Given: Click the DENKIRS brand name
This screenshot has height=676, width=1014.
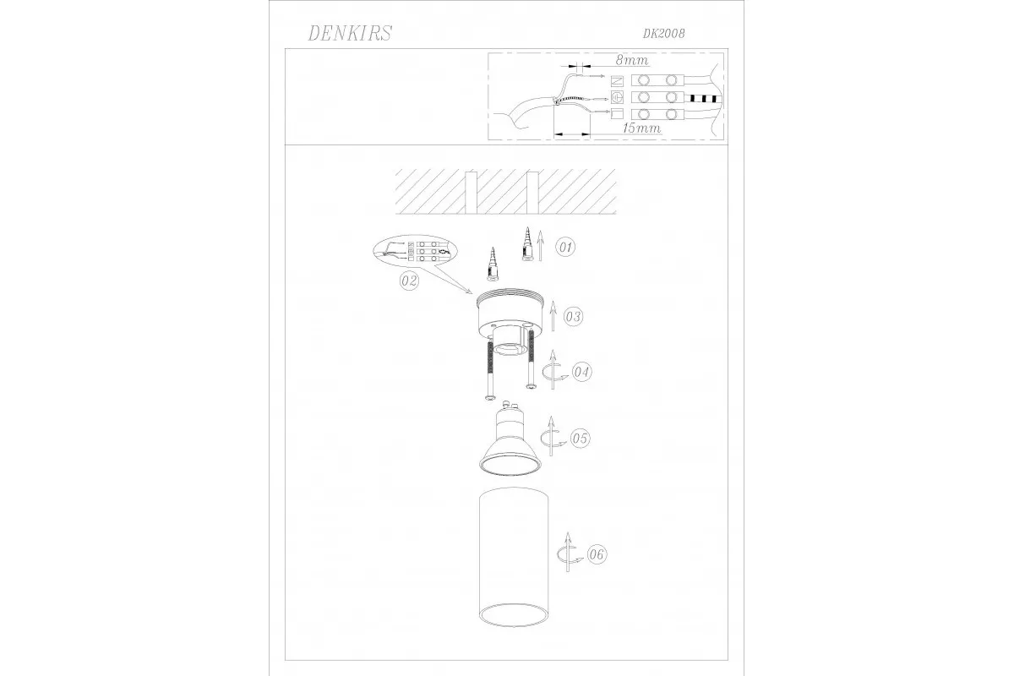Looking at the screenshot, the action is coord(350,33).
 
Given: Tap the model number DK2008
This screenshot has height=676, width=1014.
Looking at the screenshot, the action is coord(663,34).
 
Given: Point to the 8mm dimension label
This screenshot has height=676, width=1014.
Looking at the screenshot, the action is coord(632,60).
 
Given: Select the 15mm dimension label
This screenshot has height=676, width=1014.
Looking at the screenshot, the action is coord(642,128).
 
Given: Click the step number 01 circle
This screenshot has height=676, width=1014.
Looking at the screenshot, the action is coord(565,248).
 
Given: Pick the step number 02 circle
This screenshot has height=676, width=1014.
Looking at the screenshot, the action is coord(409,281).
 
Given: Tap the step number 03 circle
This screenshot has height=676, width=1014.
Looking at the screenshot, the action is coord(574,317).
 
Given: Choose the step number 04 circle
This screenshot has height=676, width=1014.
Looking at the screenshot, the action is coord(581,372).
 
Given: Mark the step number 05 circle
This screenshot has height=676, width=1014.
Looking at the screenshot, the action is coord(580,438).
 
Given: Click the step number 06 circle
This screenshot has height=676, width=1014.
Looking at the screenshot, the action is coord(597,554).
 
